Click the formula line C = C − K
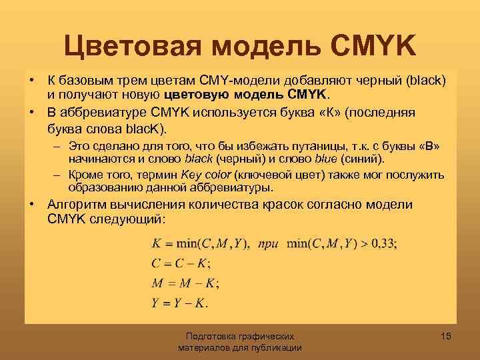pyautogui.click(x=179, y=263)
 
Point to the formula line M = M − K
pyautogui.click(x=183, y=283)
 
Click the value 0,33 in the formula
pyautogui.click(x=382, y=244)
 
